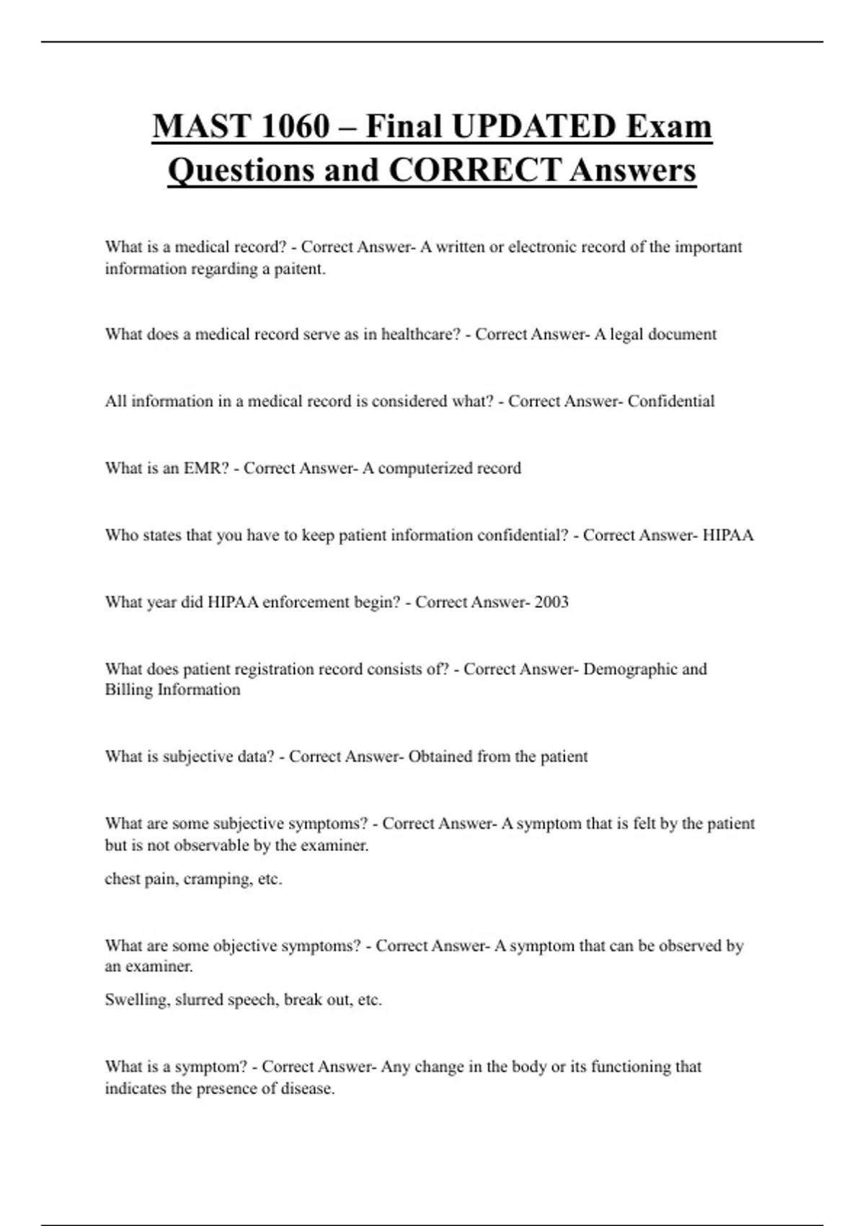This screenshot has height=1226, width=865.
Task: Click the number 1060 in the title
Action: (294, 127)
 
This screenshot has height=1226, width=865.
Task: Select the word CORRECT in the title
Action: (474, 171)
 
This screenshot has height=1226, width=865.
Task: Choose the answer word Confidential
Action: (670, 402)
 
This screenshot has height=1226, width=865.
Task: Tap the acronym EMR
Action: (205, 469)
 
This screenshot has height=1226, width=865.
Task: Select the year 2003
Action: (551, 602)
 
